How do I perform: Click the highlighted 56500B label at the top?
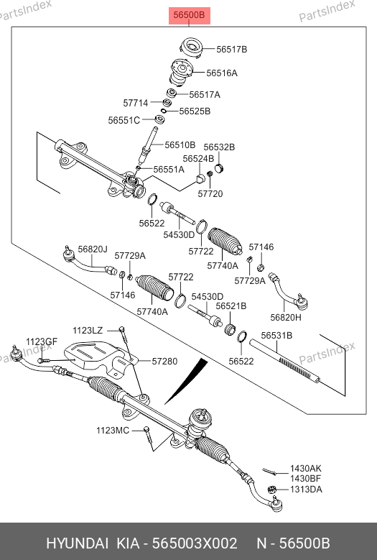[x=189, y=15]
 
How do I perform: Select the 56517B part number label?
[x=232, y=50]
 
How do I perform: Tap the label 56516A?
[x=222, y=73]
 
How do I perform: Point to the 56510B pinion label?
[x=180, y=145]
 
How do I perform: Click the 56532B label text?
[x=219, y=147]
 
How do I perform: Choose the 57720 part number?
[x=210, y=193]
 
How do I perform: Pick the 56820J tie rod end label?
[x=93, y=249]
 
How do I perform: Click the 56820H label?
[x=286, y=317]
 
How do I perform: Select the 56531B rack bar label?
[x=276, y=336]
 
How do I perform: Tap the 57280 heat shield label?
[x=164, y=361]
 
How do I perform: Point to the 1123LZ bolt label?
[x=88, y=331]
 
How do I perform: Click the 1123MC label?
[x=113, y=431]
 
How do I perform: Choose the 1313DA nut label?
[x=306, y=490]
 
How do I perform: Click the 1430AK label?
[x=306, y=468]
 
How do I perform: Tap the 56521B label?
[x=231, y=306]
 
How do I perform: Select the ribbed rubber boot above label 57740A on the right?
[x=225, y=241]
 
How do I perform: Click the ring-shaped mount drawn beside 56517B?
[x=191, y=48]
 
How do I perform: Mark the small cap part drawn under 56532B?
[x=219, y=168]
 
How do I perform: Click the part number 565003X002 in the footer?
[x=195, y=543]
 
